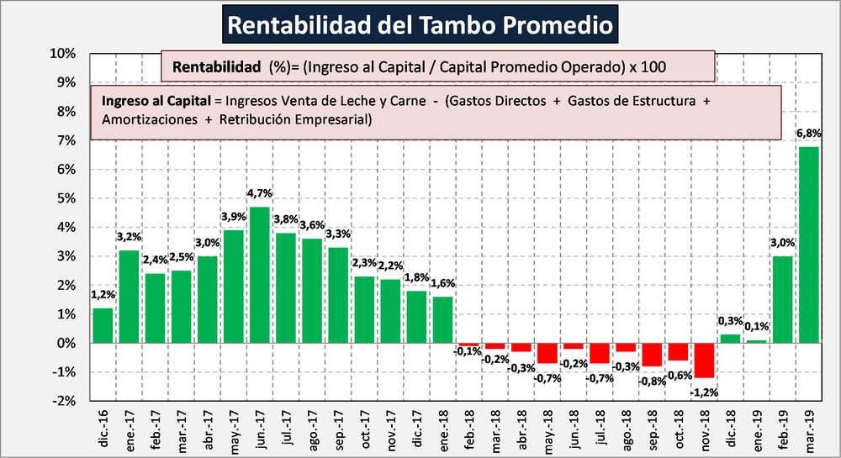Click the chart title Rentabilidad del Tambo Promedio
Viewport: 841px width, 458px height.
pyautogui.click(x=420, y=24)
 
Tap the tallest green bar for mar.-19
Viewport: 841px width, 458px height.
pyautogui.click(x=808, y=245)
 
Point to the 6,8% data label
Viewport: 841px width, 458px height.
pyautogui.click(x=808, y=133)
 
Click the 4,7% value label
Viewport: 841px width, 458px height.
pyautogui.click(x=260, y=194)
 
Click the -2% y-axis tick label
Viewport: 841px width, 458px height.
pyautogui.click(x=66, y=401)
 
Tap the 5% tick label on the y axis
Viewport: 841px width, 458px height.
pyautogui.click(x=69, y=198)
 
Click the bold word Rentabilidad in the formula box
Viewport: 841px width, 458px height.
pyautogui.click(x=214, y=66)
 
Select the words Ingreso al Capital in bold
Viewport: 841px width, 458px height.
pyautogui.click(x=156, y=101)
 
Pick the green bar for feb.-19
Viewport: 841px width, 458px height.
pyautogui.click(x=782, y=299)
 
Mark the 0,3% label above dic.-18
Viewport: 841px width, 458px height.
pyautogui.click(x=730, y=321)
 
